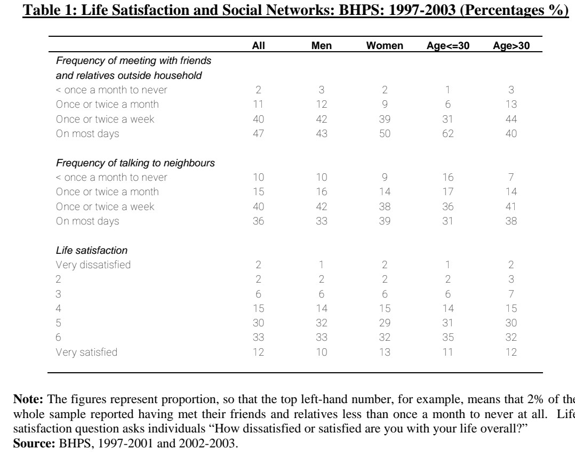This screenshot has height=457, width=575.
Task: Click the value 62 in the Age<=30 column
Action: pos(448,134)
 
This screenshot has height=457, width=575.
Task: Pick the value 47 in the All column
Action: pos(258,134)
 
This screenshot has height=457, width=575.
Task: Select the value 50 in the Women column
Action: pos(384,134)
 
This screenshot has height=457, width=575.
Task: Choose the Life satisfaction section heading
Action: pos(87,250)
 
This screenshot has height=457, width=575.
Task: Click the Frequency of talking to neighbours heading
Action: pos(135,163)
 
